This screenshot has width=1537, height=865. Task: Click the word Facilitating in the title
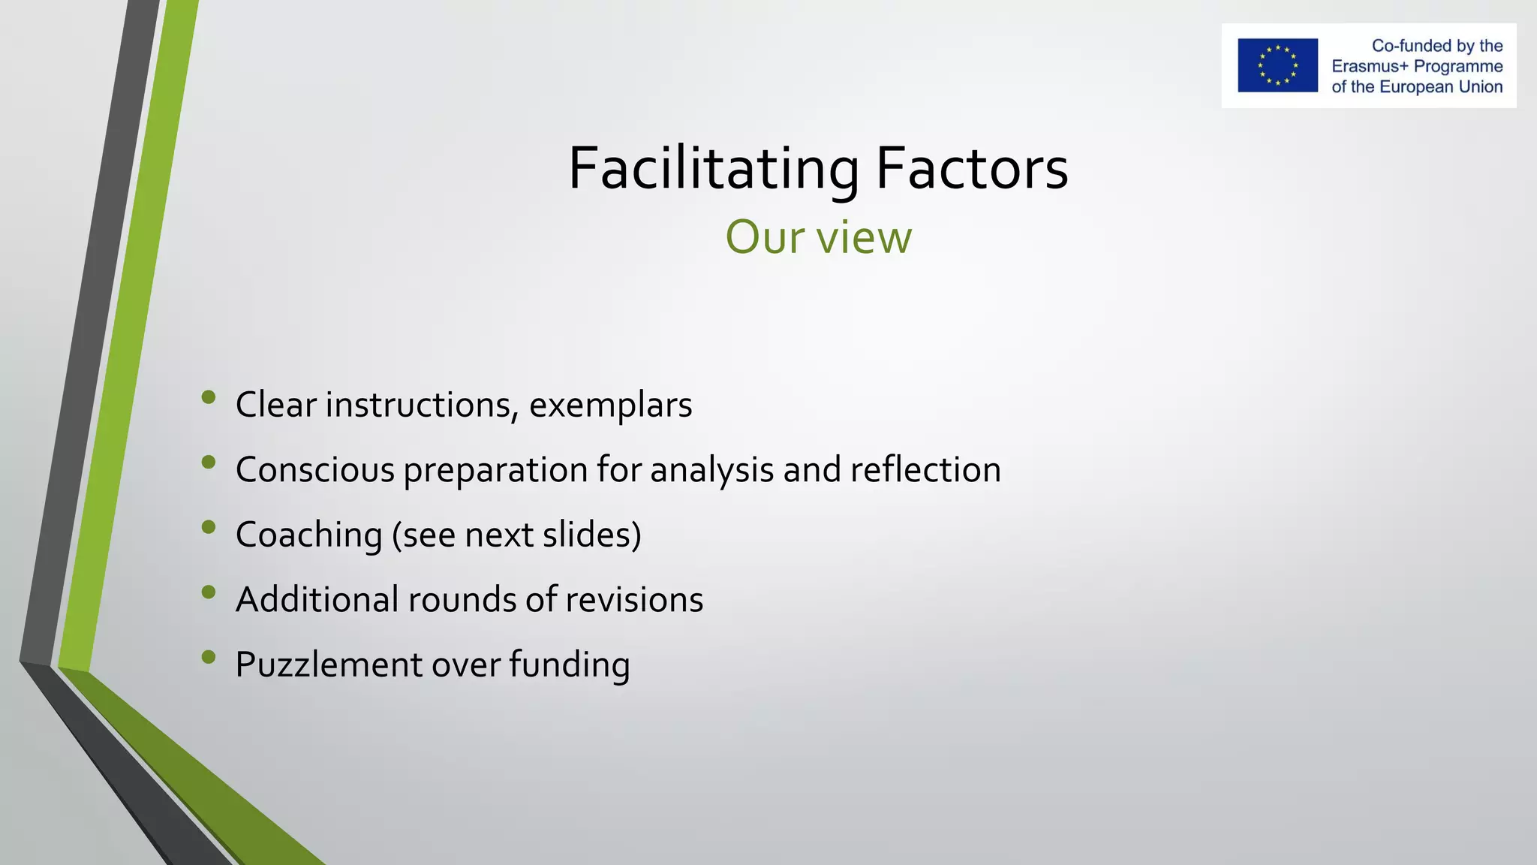point(714,168)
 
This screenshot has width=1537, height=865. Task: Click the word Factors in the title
point(972,168)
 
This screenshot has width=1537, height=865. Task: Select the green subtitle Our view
point(818,237)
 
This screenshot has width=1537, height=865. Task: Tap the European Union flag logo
point(1277,65)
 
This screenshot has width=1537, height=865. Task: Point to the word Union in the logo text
point(1480,86)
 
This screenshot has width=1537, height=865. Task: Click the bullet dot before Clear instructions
point(209,396)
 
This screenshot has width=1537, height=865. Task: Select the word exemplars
point(610,405)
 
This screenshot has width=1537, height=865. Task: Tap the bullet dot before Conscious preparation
point(209,462)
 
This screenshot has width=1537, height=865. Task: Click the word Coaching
point(308,535)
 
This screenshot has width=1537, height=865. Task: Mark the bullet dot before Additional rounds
point(209,592)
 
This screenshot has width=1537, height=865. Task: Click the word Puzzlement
point(329,665)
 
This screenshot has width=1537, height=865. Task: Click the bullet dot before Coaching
point(209,527)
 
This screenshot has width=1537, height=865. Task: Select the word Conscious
point(314,470)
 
